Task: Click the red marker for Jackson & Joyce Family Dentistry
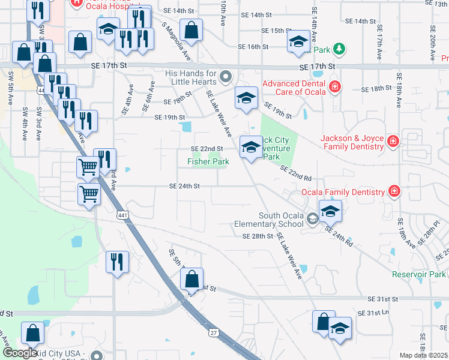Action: (393, 142)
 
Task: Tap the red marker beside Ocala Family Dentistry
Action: (394, 191)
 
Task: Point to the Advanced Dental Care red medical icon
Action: (334, 88)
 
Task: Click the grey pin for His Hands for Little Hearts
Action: (226, 76)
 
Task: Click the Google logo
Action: (20, 353)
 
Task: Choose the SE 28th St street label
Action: (258, 236)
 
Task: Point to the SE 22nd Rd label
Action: (295, 173)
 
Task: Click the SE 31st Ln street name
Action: (374, 313)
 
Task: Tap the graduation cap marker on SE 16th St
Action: (298, 42)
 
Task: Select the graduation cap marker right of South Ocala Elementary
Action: (330, 212)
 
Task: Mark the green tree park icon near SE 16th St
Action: (339, 47)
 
